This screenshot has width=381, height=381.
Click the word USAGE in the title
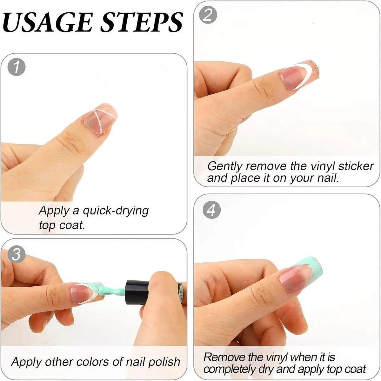[x=47, y=22]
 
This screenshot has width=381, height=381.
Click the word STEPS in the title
[x=142, y=22]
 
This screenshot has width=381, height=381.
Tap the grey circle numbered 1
[x=17, y=67]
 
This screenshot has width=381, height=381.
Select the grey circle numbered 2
[x=208, y=15]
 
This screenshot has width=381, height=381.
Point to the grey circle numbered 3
[x=17, y=254]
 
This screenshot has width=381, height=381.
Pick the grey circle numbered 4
[x=211, y=210]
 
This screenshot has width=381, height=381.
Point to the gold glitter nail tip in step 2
[x=315, y=68]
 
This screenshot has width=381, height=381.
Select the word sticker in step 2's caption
[x=356, y=166]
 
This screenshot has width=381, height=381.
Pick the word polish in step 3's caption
[x=164, y=362]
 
